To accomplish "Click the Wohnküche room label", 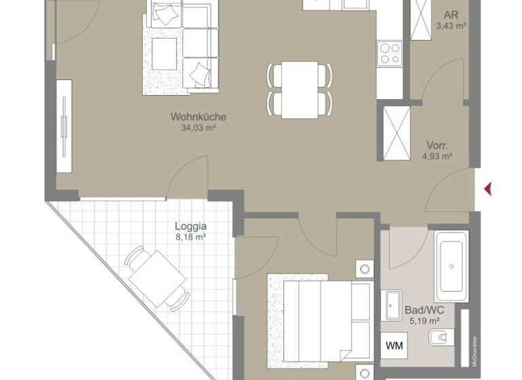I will [198, 117].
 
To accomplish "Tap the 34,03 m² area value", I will [198, 127].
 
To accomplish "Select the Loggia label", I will [190, 227].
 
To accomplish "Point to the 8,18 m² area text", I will [190, 237].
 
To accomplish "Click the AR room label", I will [450, 15].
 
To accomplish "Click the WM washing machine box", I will [394, 346].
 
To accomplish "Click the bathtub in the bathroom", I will [451, 266].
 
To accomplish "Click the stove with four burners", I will [389, 52].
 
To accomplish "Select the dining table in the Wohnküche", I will [300, 90].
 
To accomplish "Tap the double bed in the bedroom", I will [319, 316].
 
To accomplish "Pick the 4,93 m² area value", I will [437, 156].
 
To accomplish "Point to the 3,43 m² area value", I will [450, 26].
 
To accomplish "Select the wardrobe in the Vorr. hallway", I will [394, 133].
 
